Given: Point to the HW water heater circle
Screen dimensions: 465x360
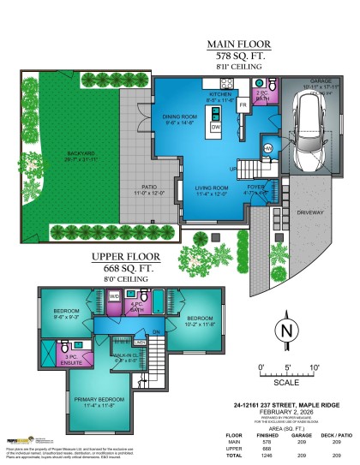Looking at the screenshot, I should (268, 148).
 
